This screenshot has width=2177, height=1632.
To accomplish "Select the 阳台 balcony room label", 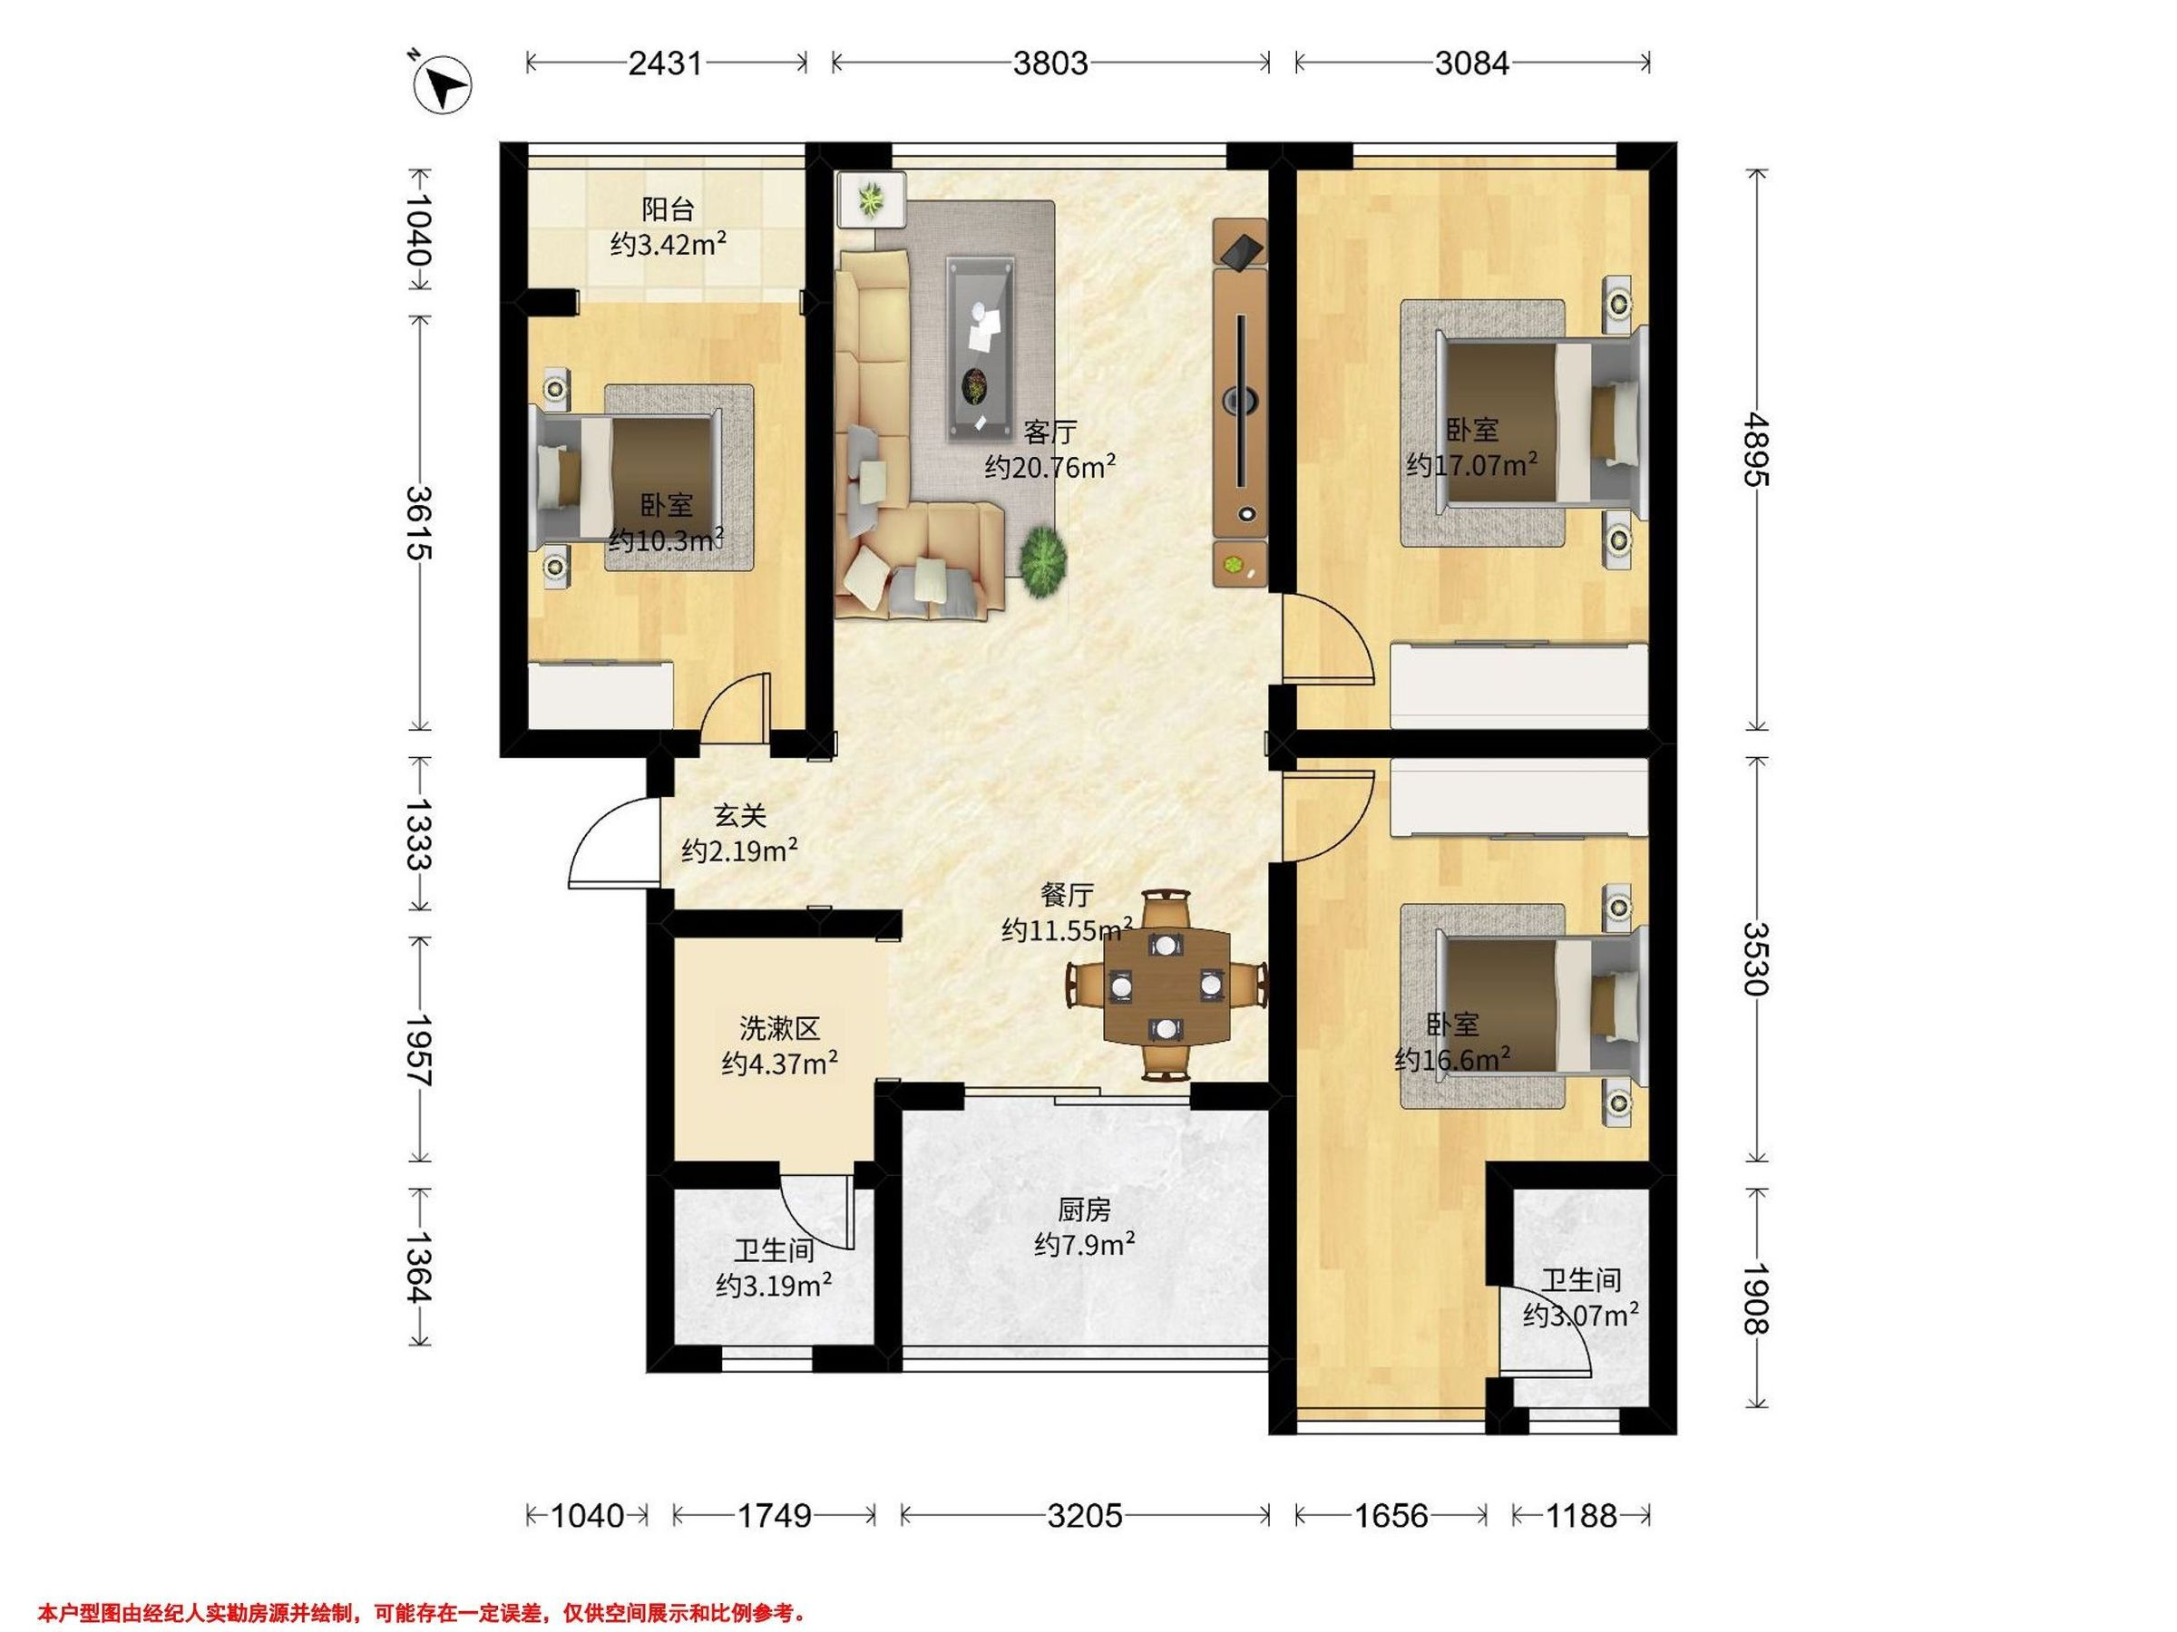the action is [669, 209].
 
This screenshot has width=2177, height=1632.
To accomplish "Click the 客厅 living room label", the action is [1050, 432].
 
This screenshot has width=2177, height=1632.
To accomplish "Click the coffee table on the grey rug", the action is [981, 348].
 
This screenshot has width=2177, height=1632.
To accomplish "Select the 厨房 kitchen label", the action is [1085, 1209].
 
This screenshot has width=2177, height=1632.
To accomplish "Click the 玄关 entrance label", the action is [739, 815].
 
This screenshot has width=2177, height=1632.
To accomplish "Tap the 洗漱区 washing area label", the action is [779, 1029].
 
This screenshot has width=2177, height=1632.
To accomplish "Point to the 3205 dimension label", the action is [1085, 1516].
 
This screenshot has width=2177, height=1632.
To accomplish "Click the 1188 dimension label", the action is [1580, 1516].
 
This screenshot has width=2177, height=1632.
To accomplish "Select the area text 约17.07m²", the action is [1472, 464].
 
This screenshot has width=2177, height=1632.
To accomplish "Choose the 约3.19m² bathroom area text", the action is [775, 1285].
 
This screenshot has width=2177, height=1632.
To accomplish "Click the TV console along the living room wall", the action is [1240, 403].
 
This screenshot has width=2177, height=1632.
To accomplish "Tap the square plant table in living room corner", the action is [871, 200].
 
